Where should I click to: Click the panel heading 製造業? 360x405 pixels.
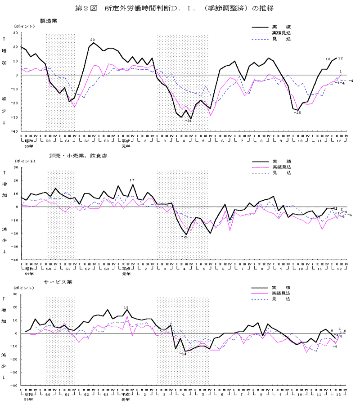pyautogui.click(x=48, y=21)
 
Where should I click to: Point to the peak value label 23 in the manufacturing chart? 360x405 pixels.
pyautogui.click(x=93, y=40)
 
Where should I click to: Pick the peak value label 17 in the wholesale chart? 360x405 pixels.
pyautogui.click(x=132, y=180)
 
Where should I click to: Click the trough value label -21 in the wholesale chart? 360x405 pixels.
pyautogui.click(x=184, y=237)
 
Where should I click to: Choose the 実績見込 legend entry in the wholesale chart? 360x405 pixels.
pyautogui.click(x=281, y=167)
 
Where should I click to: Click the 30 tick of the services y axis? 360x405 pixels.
pyautogui.click(x=15, y=294)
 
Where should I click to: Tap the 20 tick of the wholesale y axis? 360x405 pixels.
pyautogui.click(x=15, y=181)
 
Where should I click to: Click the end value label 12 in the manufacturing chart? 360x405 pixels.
pyautogui.click(x=341, y=58)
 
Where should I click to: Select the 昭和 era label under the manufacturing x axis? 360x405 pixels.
pyautogui.click(x=29, y=142)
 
